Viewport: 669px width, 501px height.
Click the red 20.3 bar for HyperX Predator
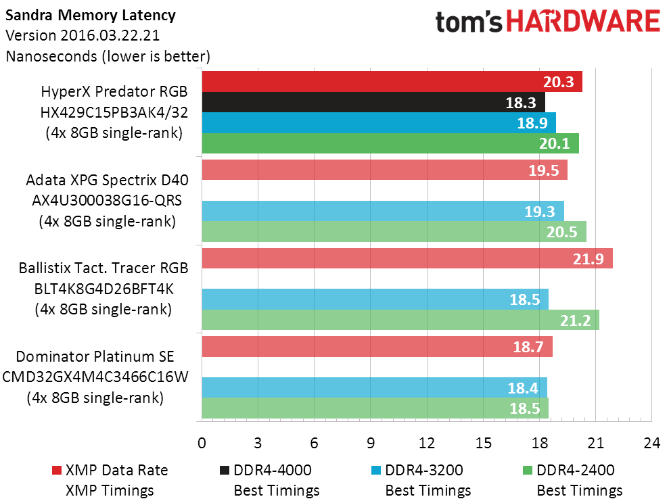pyautogui.click(x=392, y=82)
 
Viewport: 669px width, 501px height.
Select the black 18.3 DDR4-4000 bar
pyautogui.click(x=373, y=103)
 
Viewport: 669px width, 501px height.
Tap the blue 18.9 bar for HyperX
pyautogui.click(x=378, y=123)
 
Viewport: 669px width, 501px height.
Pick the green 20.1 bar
pyautogui.click(x=390, y=143)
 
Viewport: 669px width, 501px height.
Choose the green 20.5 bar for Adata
pyautogui.click(x=394, y=231)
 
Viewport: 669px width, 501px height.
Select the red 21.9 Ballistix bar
pyautogui.click(x=407, y=258)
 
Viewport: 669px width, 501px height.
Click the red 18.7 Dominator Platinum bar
pyautogui.click(x=377, y=346)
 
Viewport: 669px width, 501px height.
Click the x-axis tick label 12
pyautogui.click(x=427, y=444)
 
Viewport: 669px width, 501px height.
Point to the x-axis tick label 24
pyautogui.click(x=651, y=444)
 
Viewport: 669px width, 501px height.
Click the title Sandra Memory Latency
pyautogui.click(x=90, y=15)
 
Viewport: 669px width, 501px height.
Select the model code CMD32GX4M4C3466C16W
pyautogui.click(x=95, y=377)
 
